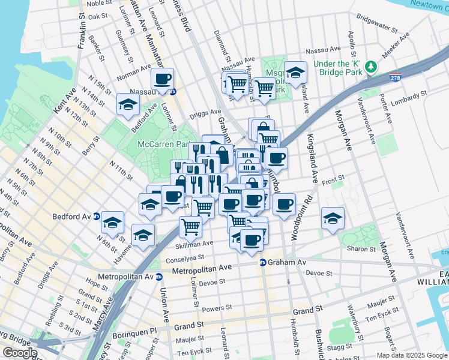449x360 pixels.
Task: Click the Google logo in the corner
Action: [x=20, y=352]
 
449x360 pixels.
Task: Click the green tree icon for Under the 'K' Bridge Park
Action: [x=372, y=64]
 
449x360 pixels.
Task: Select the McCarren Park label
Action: [x=164, y=145]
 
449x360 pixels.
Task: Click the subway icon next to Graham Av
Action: [x=262, y=263]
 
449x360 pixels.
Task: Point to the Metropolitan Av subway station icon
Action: [x=158, y=277]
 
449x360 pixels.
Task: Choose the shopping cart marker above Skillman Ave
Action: [x=190, y=227]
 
